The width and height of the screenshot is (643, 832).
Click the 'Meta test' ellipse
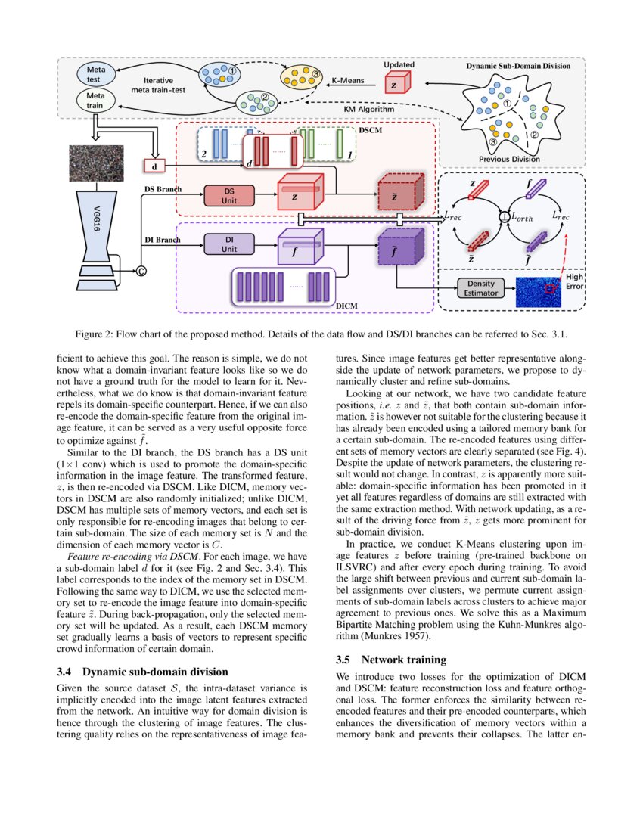coord(96,75)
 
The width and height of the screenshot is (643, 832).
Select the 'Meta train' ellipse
coord(96,101)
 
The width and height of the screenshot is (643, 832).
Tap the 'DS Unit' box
coord(229,196)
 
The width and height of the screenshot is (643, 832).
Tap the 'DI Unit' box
coord(229,244)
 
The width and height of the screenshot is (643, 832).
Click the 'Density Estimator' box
coord(480,287)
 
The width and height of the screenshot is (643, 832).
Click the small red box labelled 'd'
coord(154,165)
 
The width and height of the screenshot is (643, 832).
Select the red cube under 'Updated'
coord(396,84)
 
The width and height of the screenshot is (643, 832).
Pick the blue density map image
coord(539,291)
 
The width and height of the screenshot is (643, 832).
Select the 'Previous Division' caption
coord(510,159)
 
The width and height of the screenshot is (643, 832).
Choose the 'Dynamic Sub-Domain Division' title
coord(518,66)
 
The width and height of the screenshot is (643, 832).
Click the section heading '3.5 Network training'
coord(391,660)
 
